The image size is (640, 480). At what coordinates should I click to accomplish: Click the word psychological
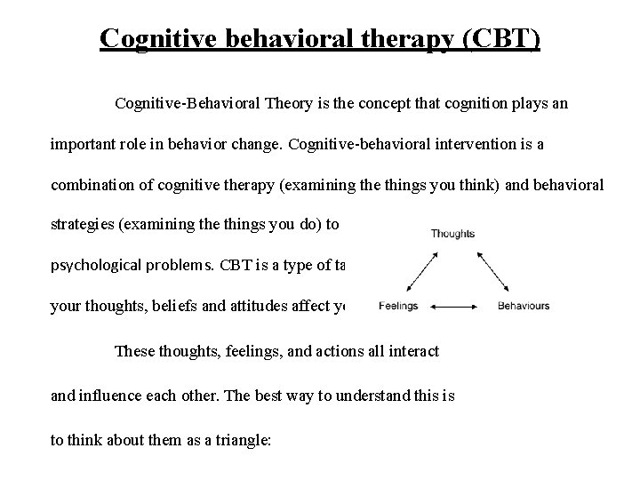tap(98, 266)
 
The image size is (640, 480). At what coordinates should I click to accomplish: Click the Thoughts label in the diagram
tap(452, 234)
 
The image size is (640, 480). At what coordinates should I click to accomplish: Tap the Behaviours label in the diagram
tap(524, 307)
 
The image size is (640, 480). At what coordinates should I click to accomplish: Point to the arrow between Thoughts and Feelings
tap(420, 270)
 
